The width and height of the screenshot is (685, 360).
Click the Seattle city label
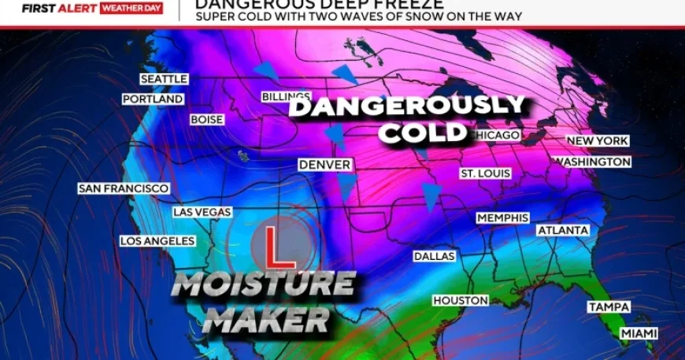(x=164, y=79)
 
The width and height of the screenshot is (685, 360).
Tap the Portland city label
(x=153, y=99)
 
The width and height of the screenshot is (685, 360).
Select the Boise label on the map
(x=206, y=120)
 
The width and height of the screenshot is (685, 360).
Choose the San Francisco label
(x=124, y=188)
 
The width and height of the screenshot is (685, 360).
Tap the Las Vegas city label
(x=202, y=212)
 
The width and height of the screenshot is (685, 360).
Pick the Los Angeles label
(x=157, y=240)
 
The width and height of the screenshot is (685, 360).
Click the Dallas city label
(x=435, y=256)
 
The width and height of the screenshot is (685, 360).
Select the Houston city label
(x=461, y=300)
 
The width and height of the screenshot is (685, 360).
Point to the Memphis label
(x=502, y=217)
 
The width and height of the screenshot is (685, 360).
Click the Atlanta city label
(x=563, y=230)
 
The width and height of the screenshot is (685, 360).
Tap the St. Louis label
(x=486, y=173)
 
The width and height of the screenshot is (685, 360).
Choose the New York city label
(x=598, y=140)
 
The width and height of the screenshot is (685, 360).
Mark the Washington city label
(x=592, y=161)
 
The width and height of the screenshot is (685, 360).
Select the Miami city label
(x=639, y=333)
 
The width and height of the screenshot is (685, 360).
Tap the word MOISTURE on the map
(x=263, y=284)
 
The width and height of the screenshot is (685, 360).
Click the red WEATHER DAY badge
(x=131, y=9)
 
